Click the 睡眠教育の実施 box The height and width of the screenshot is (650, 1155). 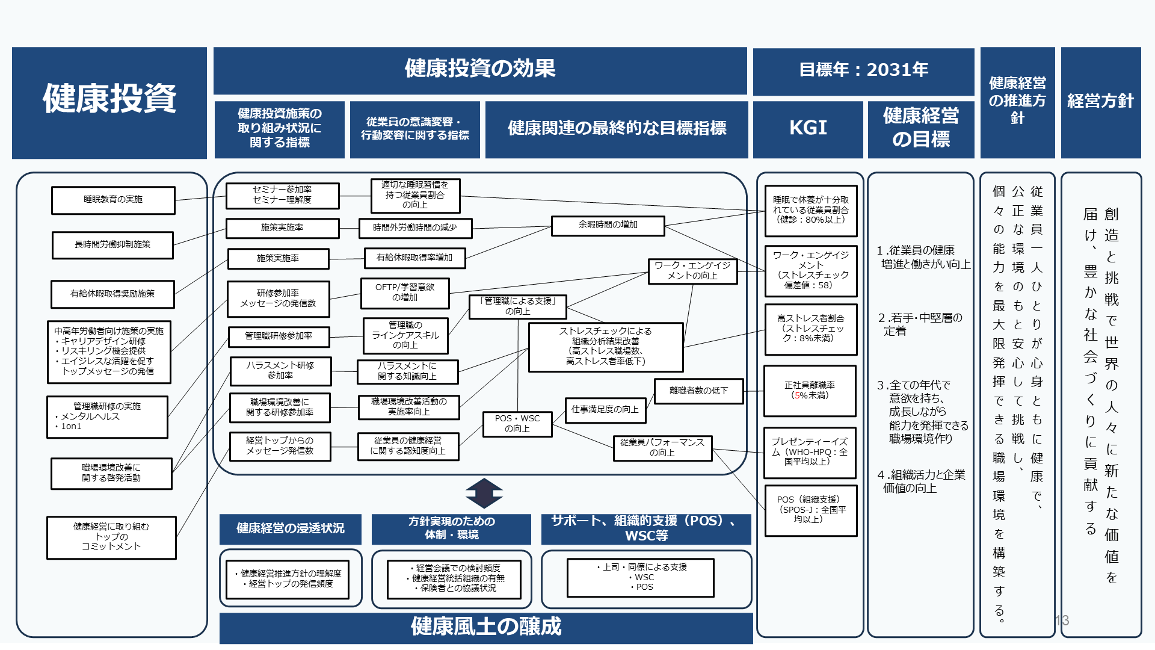(x=113, y=200)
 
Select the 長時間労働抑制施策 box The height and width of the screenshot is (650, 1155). (x=112, y=245)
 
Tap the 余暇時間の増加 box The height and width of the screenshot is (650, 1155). (x=608, y=225)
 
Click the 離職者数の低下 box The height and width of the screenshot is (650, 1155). (x=698, y=391)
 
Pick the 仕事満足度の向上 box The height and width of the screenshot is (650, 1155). (x=605, y=410)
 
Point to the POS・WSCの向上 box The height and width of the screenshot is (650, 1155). (x=517, y=424)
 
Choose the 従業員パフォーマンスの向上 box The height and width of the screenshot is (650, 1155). (x=662, y=448)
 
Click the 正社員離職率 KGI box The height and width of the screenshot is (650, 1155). (x=810, y=391)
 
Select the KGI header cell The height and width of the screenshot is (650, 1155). (x=808, y=128)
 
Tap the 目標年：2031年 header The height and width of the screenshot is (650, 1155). (x=863, y=70)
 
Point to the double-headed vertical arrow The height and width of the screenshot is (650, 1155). (x=484, y=494)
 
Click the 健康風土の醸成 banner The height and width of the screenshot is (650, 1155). (x=485, y=627)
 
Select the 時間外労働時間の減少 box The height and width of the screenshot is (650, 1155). (x=415, y=228)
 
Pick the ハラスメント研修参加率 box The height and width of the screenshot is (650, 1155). (x=280, y=371)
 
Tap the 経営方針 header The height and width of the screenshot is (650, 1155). (x=1100, y=101)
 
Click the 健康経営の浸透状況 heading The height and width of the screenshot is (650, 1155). (x=290, y=528)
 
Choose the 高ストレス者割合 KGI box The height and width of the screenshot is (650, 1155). (x=810, y=329)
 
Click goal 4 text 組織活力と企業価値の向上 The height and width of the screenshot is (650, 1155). (x=921, y=481)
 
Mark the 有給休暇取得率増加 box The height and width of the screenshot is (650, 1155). (x=414, y=258)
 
